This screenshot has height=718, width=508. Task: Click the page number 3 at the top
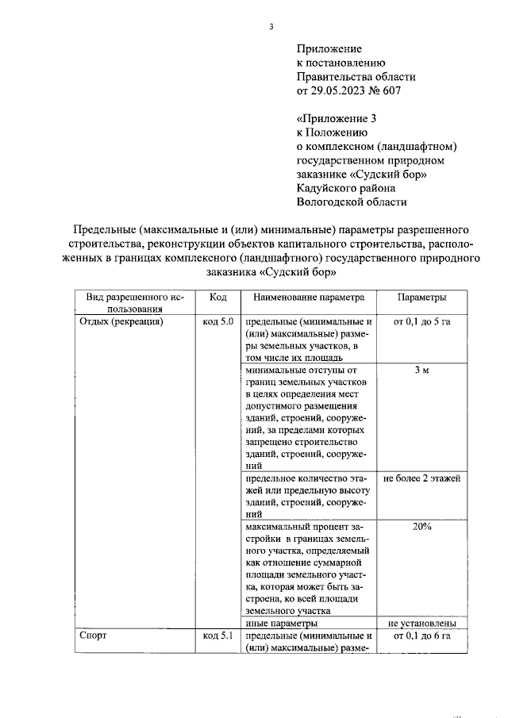point(271,27)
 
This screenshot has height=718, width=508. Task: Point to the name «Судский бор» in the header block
point(388,174)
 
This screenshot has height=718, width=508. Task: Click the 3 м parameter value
point(421,370)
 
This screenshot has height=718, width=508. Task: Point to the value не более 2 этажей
point(421,478)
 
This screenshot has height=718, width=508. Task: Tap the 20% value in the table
point(421,526)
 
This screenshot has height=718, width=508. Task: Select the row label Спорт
point(93,635)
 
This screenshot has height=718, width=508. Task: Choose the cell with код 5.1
point(218,635)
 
